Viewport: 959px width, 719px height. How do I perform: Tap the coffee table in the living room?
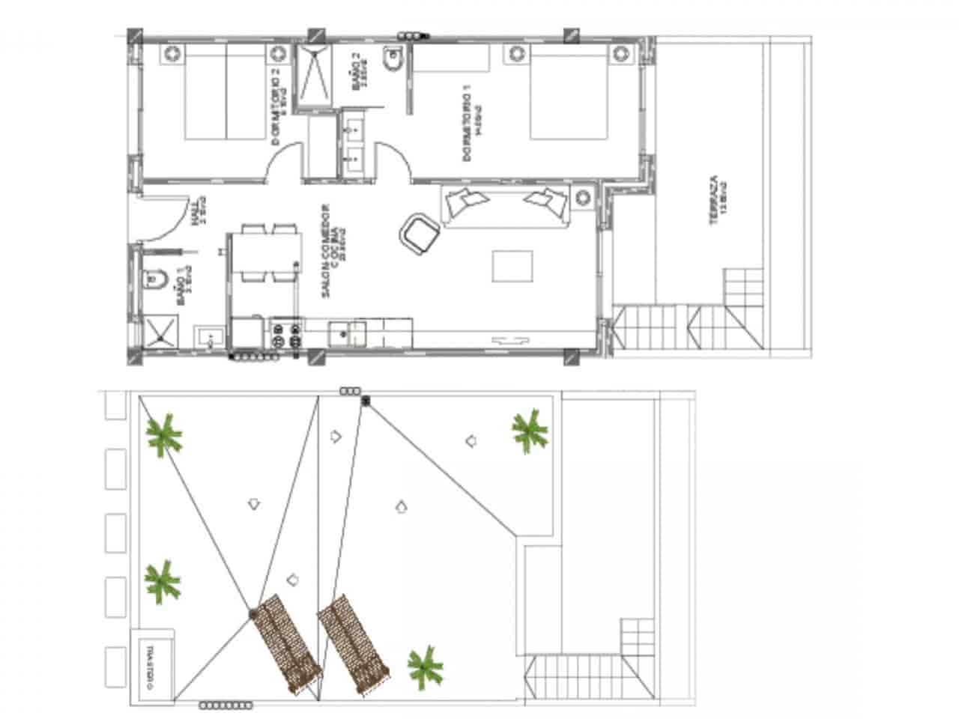coord(512,267)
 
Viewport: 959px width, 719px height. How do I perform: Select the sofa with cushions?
coord(506,204)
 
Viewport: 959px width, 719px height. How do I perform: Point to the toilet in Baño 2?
coord(392,59)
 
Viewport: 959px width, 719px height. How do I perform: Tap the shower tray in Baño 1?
coord(160,333)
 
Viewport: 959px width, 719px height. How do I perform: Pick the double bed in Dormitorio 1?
coord(568,91)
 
